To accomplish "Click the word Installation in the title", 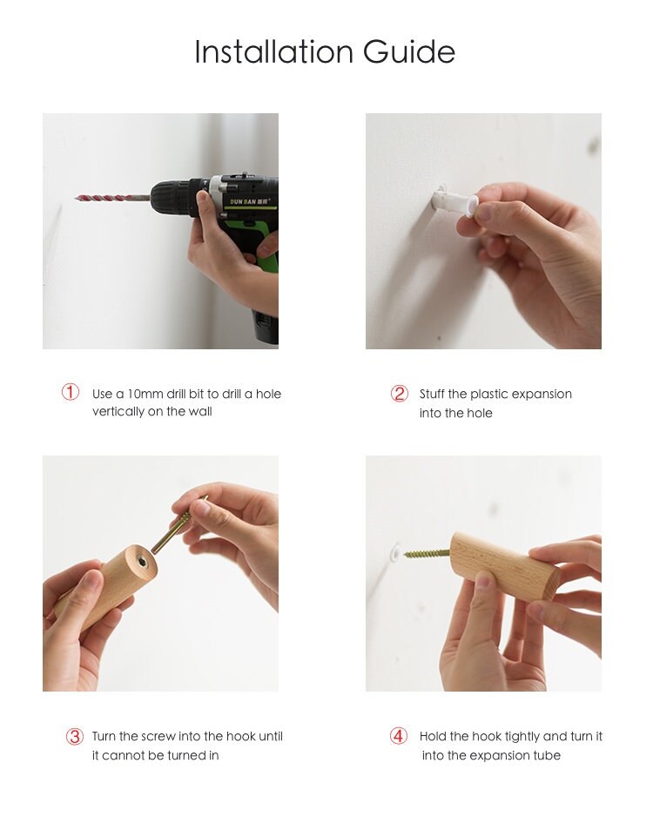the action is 273,51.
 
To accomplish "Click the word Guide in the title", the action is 408,51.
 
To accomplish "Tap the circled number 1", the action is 71,392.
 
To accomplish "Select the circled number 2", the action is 400,393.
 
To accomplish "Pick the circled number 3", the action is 75,736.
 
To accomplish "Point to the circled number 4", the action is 399,735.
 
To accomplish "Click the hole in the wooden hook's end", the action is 144,564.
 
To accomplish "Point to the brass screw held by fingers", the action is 179,526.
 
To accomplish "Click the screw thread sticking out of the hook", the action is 427,553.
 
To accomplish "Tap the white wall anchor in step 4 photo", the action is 396,550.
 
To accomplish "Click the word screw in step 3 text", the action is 158,736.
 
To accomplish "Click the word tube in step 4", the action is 548,755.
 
